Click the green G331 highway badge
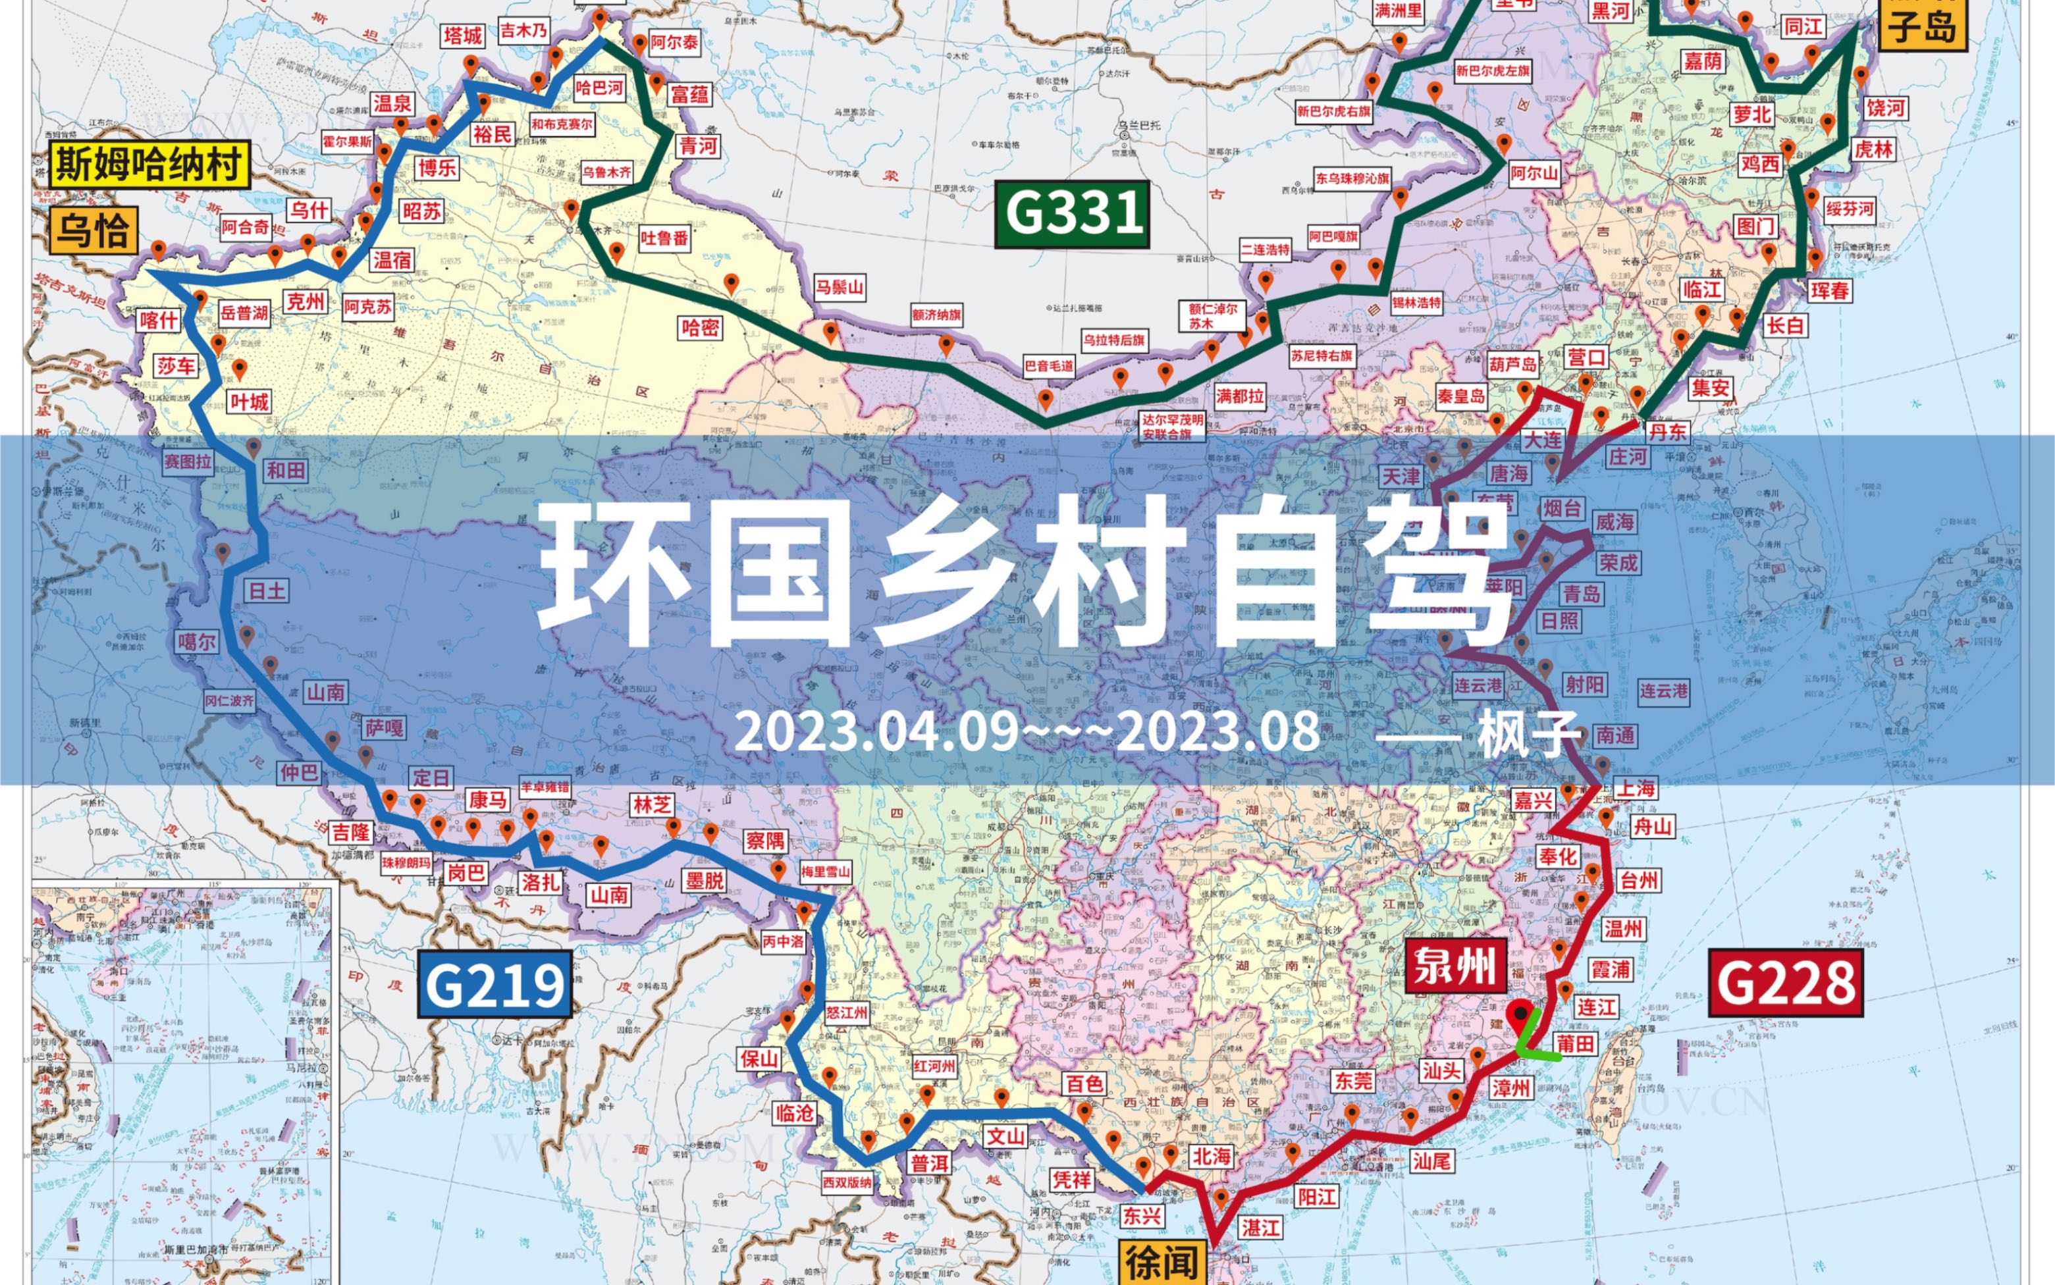pyautogui.click(x=1073, y=214)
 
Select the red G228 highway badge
pyautogui.click(x=1786, y=983)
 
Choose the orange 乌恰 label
pyautogui.click(x=93, y=230)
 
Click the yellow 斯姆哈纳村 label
pyautogui.click(x=149, y=164)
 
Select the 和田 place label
pyautogui.click(x=286, y=470)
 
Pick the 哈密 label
pyautogui.click(x=699, y=327)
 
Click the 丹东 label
pyautogui.click(x=1667, y=431)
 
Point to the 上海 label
pyautogui.click(x=1634, y=789)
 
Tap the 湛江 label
pyautogui.click(x=1260, y=1227)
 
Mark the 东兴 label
pyautogui.click(x=1141, y=1215)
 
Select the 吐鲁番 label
pyautogui.click(x=664, y=238)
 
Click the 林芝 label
pyautogui.click(x=652, y=805)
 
